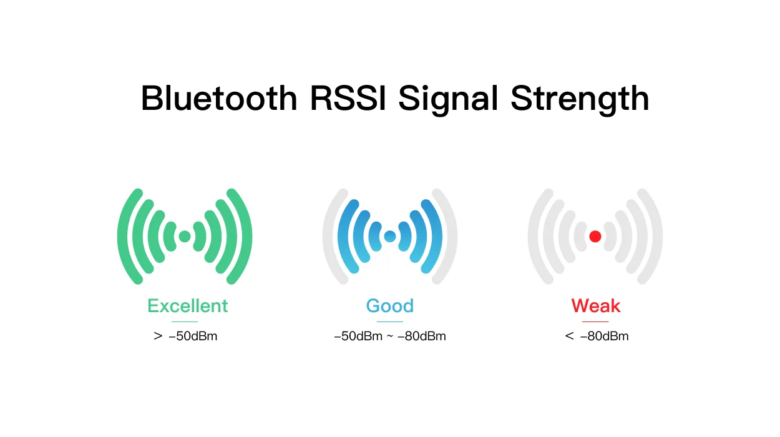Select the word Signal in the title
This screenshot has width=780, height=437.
click(448, 100)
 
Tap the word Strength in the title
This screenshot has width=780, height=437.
click(580, 100)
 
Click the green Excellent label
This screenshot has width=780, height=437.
click(188, 306)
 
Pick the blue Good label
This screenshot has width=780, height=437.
click(390, 306)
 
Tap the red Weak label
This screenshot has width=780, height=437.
click(595, 306)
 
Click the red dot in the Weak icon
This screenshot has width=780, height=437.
click(595, 237)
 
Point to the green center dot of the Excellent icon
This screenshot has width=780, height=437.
click(185, 237)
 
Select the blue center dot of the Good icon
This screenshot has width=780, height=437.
click(390, 237)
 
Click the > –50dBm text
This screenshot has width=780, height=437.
click(185, 336)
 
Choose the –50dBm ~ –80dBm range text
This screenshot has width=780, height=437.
click(390, 336)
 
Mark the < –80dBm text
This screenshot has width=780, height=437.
click(597, 336)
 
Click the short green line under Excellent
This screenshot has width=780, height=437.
click(185, 322)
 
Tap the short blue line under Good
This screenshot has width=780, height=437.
click(390, 322)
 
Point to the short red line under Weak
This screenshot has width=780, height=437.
click(595, 322)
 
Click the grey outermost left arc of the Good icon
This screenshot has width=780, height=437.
click(328, 237)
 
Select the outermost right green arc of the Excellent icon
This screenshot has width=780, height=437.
click(247, 237)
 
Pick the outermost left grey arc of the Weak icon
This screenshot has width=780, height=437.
click(533, 237)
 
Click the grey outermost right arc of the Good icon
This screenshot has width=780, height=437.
click(452, 237)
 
